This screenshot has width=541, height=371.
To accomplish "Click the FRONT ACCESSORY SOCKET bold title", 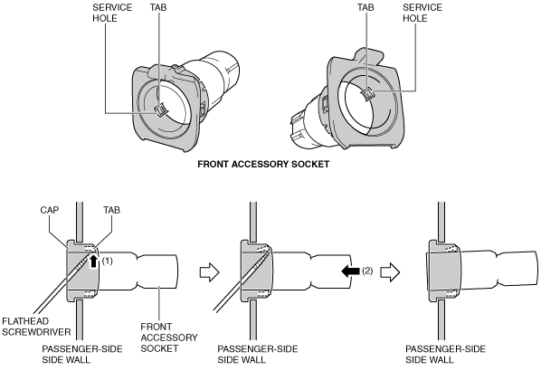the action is (263, 165).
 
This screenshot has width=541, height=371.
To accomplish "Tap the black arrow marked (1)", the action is (93, 261).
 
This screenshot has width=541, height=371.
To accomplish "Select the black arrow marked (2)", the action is (350, 271).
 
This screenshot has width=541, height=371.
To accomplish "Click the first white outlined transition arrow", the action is (209, 272).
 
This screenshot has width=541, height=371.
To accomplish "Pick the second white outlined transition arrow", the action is (390, 272).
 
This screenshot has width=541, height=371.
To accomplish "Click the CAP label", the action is (50, 210).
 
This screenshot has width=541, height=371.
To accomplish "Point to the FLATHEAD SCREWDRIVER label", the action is (36, 327).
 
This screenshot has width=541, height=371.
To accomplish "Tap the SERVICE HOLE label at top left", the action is (112, 13).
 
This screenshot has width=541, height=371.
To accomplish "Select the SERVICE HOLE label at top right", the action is (422, 13).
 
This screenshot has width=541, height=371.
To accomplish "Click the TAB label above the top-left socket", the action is (158, 7).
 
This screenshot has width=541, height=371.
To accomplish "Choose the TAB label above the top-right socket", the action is (365, 7).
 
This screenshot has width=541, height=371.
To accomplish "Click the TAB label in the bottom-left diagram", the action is (112, 210).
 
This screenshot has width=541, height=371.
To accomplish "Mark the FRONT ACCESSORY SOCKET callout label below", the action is (169, 338).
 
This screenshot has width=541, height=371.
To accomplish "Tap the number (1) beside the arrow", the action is (108, 261).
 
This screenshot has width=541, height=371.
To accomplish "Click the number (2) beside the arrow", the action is (367, 271).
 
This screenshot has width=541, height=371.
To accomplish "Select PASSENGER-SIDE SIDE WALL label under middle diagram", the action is (258, 355).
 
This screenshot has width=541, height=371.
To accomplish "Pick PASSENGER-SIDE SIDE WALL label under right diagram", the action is (445, 355).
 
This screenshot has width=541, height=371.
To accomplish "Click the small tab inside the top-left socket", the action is (160, 110).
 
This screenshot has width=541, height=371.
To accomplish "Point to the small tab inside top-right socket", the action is (368, 94).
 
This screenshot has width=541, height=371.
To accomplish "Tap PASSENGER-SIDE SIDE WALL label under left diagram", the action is (82, 355).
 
